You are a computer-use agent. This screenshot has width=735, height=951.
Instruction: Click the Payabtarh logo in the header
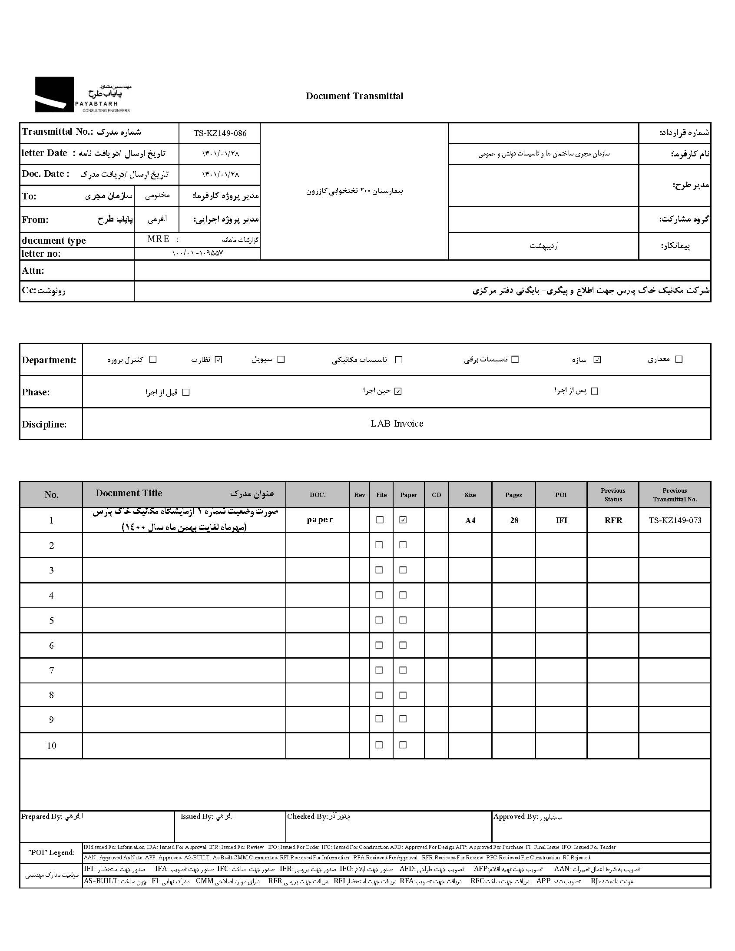click(83, 95)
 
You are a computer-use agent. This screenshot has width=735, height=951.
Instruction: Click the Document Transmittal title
click(354, 96)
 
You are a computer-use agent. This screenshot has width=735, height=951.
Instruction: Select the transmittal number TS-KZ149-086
click(220, 133)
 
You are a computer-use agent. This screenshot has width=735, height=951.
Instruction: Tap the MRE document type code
click(158, 239)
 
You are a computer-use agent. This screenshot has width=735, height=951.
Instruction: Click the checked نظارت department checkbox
click(219, 360)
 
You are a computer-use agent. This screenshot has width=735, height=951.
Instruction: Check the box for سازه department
click(597, 360)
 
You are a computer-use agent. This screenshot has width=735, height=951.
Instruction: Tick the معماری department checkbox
click(679, 359)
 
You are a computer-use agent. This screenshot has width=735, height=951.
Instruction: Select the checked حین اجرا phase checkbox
click(397, 391)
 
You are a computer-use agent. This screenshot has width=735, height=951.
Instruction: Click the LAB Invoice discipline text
click(397, 424)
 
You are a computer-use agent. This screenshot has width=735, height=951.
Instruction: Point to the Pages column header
click(513, 495)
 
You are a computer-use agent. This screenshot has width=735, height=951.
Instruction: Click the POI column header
click(561, 495)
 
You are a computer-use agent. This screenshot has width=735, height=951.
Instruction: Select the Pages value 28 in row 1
click(514, 520)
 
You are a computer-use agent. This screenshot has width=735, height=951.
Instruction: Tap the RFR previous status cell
click(613, 520)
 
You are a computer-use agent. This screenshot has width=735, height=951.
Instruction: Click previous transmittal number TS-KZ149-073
click(675, 520)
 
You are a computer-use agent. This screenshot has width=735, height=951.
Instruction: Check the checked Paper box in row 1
click(403, 520)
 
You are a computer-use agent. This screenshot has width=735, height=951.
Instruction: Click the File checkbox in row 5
click(379, 620)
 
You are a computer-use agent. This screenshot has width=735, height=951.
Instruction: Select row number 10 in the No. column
click(51, 746)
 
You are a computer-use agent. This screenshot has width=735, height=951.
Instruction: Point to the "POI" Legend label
click(51, 852)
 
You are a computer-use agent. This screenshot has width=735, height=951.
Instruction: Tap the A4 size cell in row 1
click(470, 520)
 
